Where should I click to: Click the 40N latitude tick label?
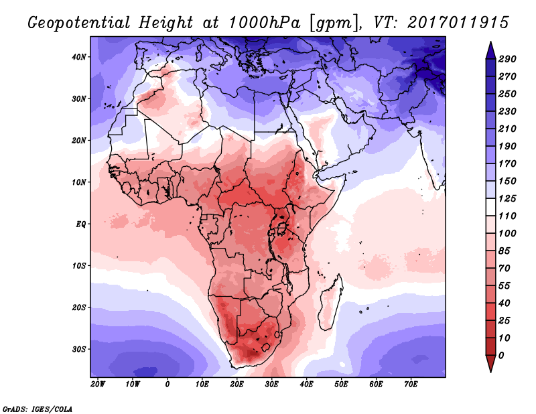coord(79,57)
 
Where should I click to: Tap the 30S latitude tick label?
coord(79,350)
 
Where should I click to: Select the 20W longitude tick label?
coord(98,385)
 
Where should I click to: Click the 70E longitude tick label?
coord(411,385)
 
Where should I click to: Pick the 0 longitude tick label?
coord(167,385)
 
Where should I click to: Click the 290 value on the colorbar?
coord(507,59)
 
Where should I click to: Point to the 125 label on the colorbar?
coord(507,198)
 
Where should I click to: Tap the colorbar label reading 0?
coord(501,356)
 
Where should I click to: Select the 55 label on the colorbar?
coord(505,286)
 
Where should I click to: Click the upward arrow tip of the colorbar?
coord(490,42)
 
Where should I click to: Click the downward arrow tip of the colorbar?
coord(490,372)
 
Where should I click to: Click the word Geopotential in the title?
coord(79,23)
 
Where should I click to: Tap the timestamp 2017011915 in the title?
coord(458,23)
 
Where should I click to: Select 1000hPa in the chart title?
coord(264,23)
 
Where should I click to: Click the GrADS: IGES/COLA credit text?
coord(38,409)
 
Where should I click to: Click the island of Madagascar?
coord(330,303)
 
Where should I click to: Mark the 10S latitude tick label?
coord(79,266)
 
